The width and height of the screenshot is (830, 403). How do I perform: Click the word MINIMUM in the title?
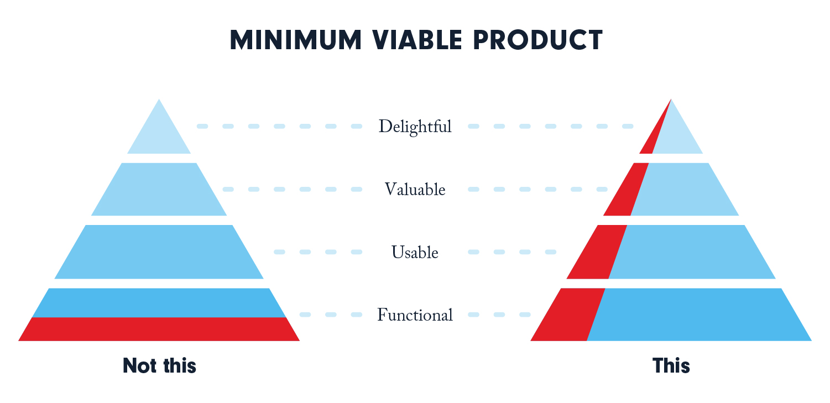click(x=296, y=40)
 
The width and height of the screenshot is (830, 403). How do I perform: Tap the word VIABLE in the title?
click(x=417, y=40)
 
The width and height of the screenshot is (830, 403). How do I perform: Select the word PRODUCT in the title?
click(x=538, y=40)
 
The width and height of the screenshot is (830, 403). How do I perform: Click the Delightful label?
click(x=415, y=127)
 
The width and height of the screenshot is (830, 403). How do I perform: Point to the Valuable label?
click(x=415, y=189)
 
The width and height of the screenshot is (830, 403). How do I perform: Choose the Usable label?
click(x=415, y=252)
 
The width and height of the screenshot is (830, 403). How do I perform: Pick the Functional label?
click(x=415, y=315)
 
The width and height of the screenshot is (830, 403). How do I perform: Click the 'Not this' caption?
click(x=159, y=365)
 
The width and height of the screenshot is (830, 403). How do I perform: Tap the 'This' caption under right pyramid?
click(x=671, y=365)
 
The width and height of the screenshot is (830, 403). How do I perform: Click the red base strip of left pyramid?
click(x=159, y=329)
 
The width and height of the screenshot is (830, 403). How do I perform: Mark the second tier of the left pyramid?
click(x=159, y=189)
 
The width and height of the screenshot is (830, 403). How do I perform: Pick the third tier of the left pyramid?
click(x=159, y=252)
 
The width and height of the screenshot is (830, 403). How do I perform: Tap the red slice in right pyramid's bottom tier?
click(x=567, y=315)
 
